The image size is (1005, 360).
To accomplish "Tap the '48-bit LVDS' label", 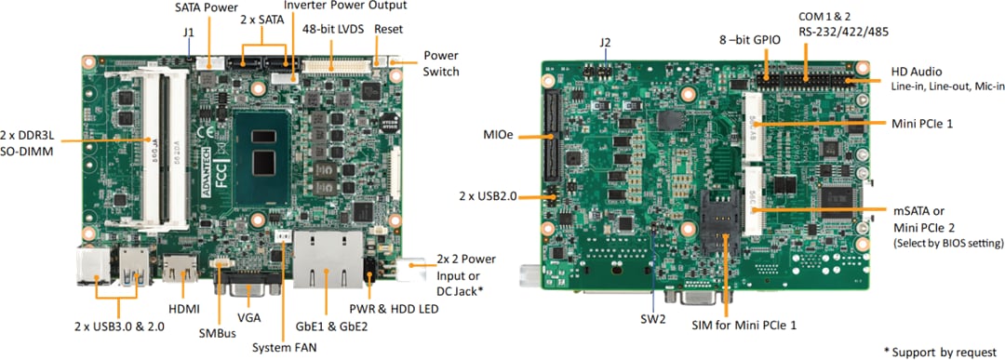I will pyautogui.click(x=332, y=29).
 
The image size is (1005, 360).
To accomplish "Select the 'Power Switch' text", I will pyautogui.click(x=440, y=63).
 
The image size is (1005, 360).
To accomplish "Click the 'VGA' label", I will pyautogui.click(x=248, y=317).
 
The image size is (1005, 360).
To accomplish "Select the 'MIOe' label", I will pyautogui.click(x=497, y=136).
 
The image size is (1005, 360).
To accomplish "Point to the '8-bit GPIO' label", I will pyautogui.click(x=748, y=39).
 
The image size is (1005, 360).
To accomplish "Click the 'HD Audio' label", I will pyautogui.click(x=917, y=72).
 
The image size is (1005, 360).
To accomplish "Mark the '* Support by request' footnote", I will pyautogui.click(x=942, y=350).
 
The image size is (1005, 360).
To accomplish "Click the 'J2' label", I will pyautogui.click(x=605, y=42).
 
